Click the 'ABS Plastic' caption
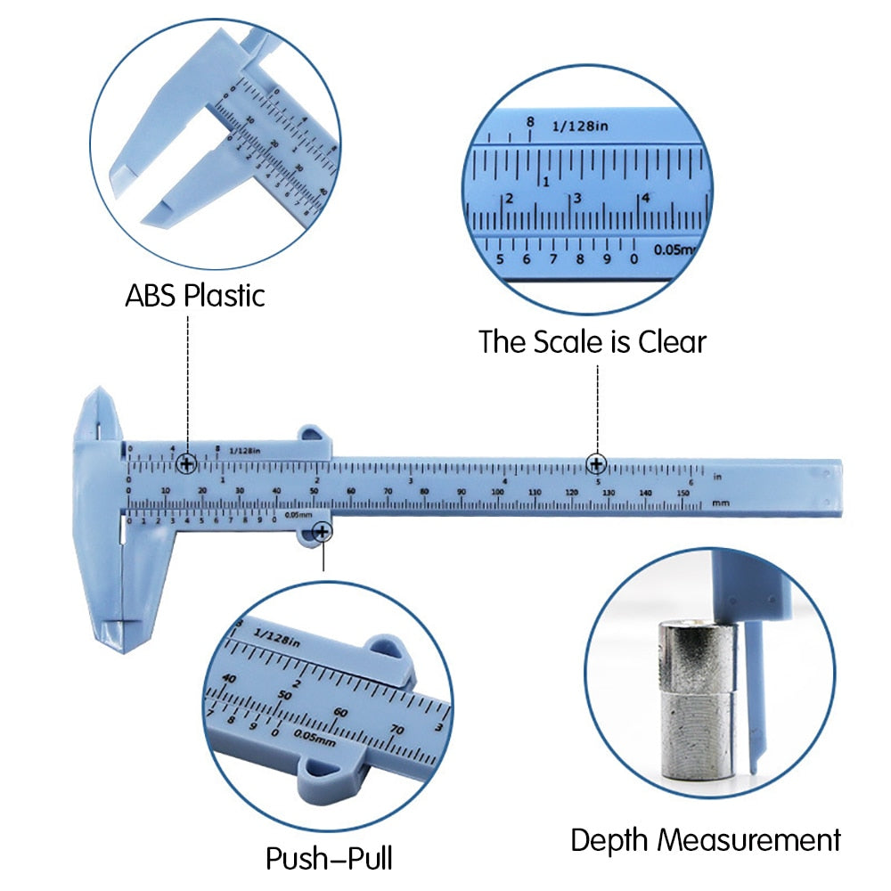click(x=194, y=295)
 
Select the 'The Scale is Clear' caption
click(x=592, y=341)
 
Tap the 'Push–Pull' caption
click(x=329, y=859)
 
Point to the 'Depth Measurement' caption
click(x=706, y=839)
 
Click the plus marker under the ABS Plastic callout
click(x=187, y=463)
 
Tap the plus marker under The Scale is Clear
click(x=596, y=463)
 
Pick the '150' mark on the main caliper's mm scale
click(x=682, y=493)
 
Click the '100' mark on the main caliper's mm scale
click(x=497, y=493)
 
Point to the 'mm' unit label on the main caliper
click(x=721, y=504)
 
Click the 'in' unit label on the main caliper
click(x=717, y=477)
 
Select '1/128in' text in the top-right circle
click(x=579, y=127)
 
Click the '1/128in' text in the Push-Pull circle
click(x=278, y=634)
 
